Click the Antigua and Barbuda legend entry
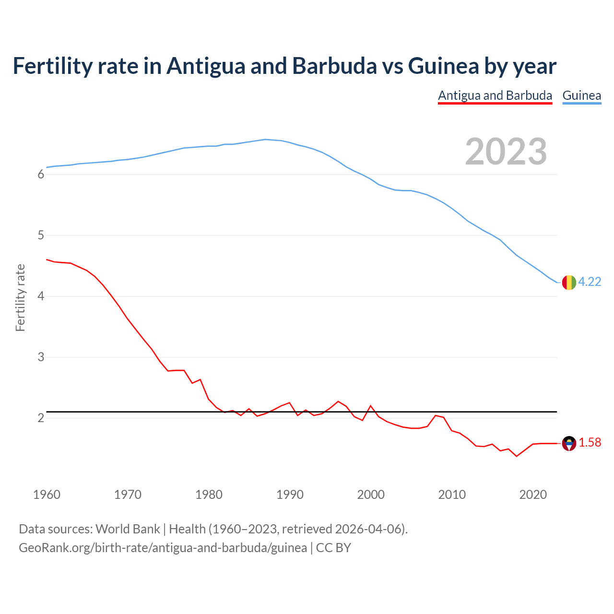tap(495, 95)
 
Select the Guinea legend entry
tap(581, 95)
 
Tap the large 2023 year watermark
tap(506, 152)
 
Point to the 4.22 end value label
tap(590, 282)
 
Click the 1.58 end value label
tap(590, 442)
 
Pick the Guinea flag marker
tap(569, 283)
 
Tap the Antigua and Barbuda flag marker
tap(569, 443)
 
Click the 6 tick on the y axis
tap(41, 175)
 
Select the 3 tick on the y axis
tap(41, 357)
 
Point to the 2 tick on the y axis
tap(41, 418)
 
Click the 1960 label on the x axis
tap(47, 495)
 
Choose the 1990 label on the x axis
tap(290, 495)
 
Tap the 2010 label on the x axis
tap(452, 495)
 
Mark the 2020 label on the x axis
tap(533, 495)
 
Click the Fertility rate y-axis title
tap(20, 297)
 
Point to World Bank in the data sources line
tap(128, 529)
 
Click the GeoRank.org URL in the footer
tap(163, 548)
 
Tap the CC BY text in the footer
tap(333, 548)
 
